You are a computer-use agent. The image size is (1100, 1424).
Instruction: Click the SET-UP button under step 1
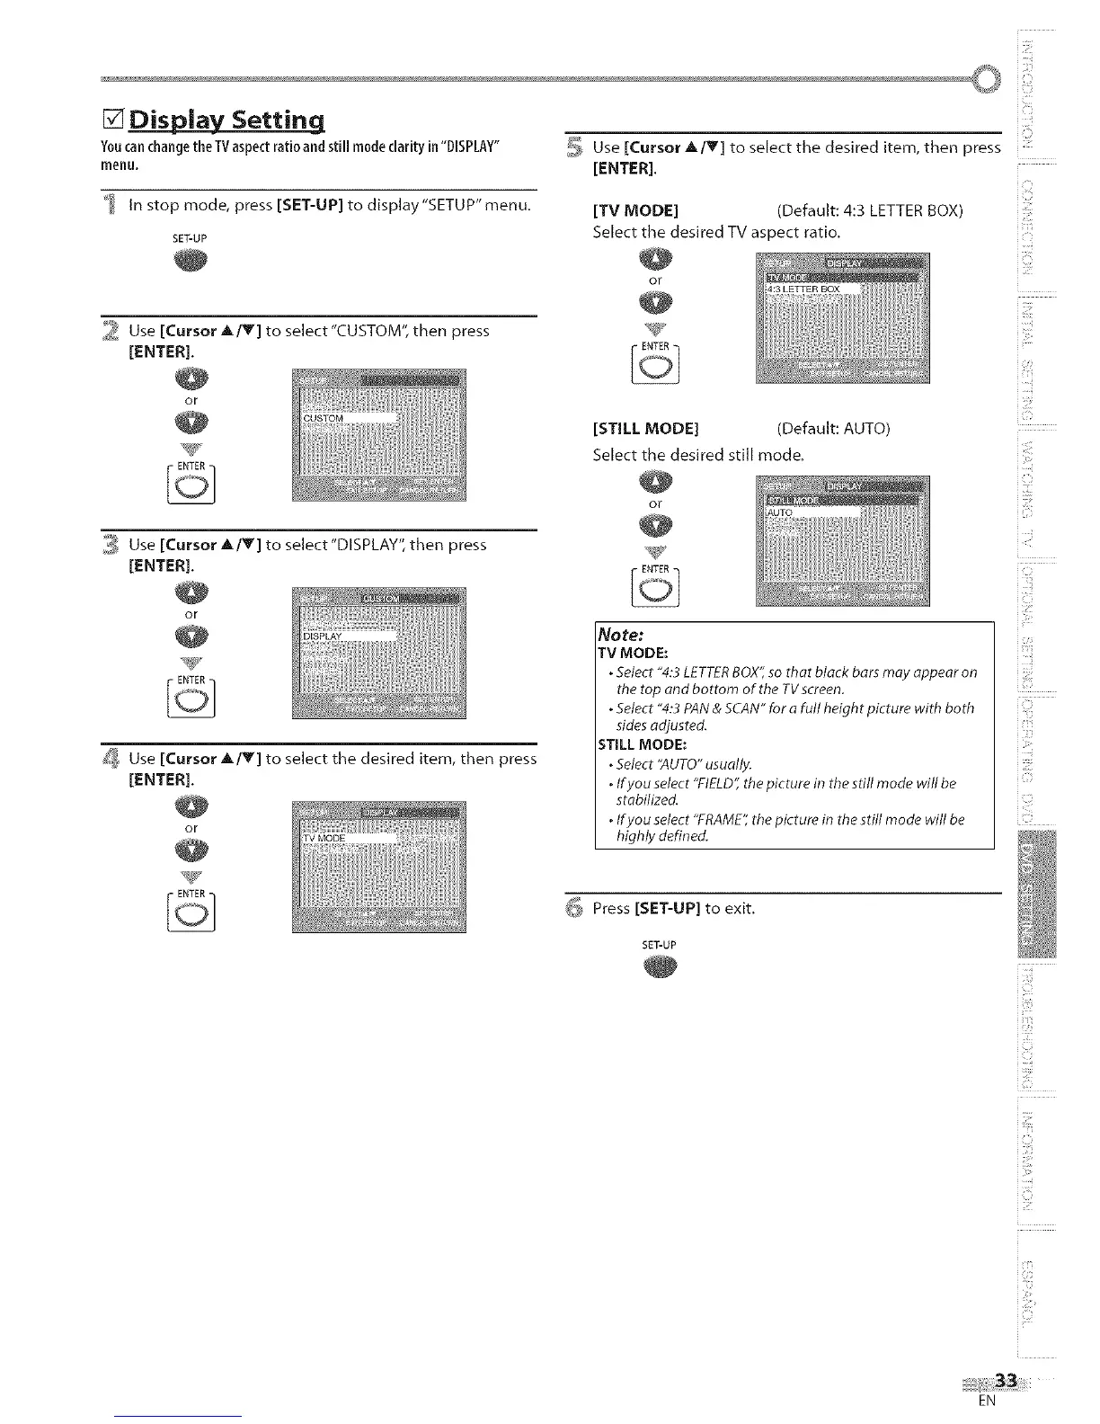191,261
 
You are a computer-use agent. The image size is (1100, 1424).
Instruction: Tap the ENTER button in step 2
191,485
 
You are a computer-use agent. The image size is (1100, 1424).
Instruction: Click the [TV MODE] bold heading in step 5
635,211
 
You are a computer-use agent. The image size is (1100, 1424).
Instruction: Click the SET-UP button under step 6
660,967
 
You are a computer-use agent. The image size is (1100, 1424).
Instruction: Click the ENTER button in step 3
191,699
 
